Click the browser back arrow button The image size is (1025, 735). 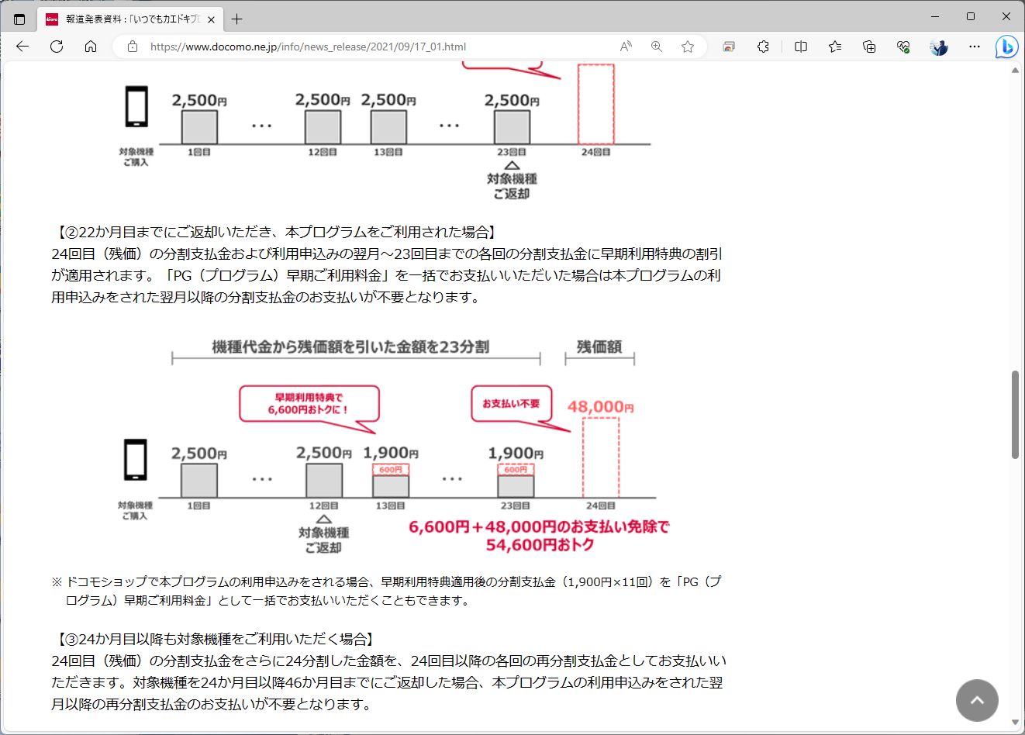pyautogui.click(x=22, y=47)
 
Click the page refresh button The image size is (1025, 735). pyautogui.click(x=57, y=47)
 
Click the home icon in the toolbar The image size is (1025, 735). pyautogui.click(x=91, y=47)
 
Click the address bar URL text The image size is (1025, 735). pyautogui.click(x=308, y=47)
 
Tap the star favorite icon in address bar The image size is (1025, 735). pyautogui.click(x=687, y=47)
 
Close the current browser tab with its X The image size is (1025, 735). pyautogui.click(x=212, y=19)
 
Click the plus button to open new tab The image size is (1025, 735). pyautogui.click(x=237, y=19)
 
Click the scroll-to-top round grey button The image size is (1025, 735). pyautogui.click(x=977, y=700)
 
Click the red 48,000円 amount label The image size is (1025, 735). pyautogui.click(x=600, y=407)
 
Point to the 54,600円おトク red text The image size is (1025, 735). pyautogui.click(x=540, y=545)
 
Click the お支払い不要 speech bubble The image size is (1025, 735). pyautogui.click(x=511, y=404)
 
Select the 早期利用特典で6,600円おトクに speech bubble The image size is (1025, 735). pyautogui.click(x=309, y=404)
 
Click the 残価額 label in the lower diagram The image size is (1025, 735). pyautogui.click(x=599, y=347)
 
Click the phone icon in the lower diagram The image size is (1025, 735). pyautogui.click(x=136, y=460)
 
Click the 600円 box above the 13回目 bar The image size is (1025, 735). pyautogui.click(x=391, y=470)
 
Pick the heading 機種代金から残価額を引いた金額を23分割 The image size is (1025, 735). pyautogui.click(x=350, y=347)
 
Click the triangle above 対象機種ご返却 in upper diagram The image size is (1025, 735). pyautogui.click(x=512, y=165)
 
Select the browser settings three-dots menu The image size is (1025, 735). pyautogui.click(x=975, y=47)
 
